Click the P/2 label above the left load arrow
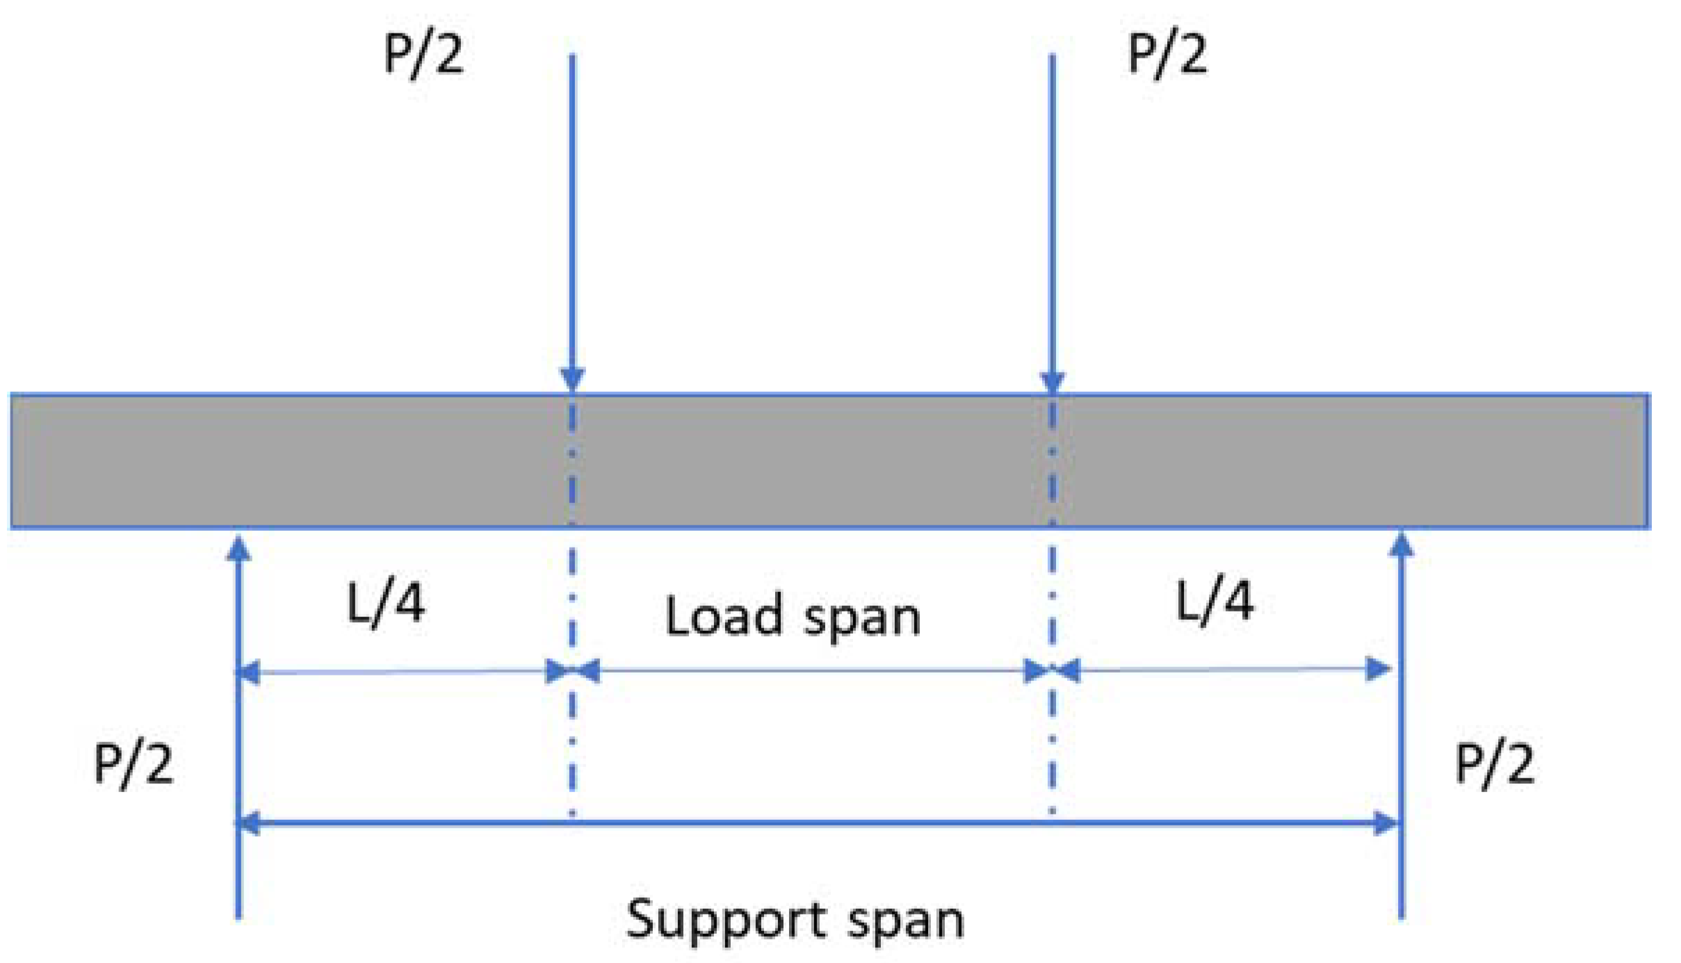423,53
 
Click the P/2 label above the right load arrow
1167,53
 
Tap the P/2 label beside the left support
133,764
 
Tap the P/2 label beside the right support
1494,764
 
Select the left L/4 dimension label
386,603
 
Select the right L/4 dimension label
1215,600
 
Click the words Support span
795,920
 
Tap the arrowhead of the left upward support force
239,549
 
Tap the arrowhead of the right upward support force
1401,545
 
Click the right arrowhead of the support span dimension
1386,823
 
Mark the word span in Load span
862,618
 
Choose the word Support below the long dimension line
727,920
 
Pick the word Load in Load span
724,616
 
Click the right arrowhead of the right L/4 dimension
1378,669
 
